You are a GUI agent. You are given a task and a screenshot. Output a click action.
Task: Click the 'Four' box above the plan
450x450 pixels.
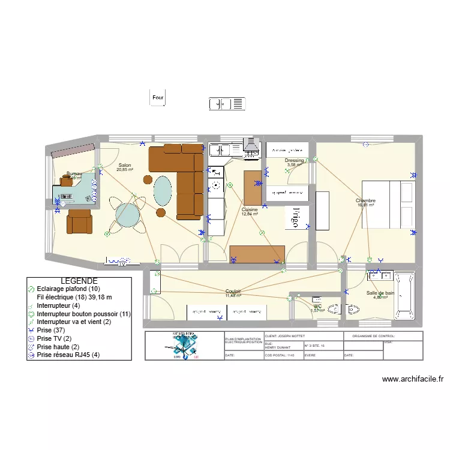point(157,97)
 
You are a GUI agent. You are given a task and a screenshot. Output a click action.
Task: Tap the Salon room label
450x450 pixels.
point(125,166)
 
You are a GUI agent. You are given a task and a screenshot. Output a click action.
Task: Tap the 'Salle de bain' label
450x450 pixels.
point(380,293)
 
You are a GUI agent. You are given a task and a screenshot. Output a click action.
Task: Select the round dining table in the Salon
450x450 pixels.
point(128,215)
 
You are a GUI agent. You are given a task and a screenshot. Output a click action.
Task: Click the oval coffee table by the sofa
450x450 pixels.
point(162,191)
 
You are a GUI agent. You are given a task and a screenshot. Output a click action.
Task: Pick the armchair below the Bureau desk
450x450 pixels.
point(79,221)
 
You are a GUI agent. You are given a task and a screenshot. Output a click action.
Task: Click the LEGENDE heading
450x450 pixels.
point(79,281)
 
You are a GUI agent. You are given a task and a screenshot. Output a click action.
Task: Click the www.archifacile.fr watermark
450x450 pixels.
point(412,379)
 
